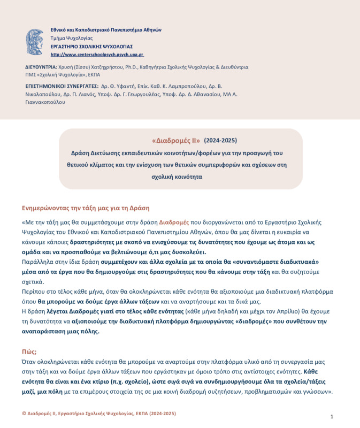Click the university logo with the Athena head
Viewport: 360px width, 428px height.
(x=35, y=42)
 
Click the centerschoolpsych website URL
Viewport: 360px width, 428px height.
(x=97, y=55)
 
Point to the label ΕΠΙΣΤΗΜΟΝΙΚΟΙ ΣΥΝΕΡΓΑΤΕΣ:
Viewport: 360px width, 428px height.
(x=62, y=86)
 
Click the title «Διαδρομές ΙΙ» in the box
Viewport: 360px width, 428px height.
(x=176, y=141)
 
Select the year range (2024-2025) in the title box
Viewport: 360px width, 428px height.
(x=220, y=141)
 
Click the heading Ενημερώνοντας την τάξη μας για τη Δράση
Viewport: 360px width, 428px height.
(x=86, y=208)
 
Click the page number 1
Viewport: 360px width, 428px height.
(x=332, y=416)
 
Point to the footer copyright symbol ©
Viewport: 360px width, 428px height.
(x=24, y=414)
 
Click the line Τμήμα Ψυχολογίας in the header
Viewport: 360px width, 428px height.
(x=71, y=39)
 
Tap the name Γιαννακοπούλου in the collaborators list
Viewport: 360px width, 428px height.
(x=45, y=102)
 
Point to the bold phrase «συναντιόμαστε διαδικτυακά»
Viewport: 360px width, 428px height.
(x=278, y=262)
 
